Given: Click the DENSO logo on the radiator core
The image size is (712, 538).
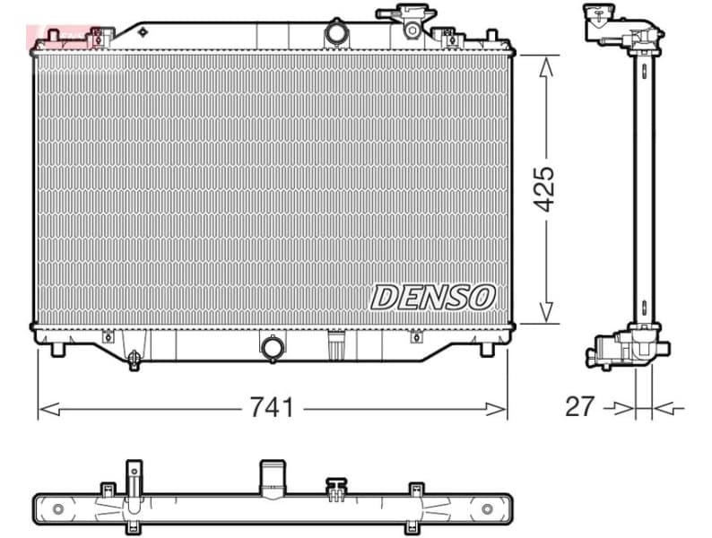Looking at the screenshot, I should coord(433,297).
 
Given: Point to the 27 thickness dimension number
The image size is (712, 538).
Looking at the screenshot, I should coord(580,406).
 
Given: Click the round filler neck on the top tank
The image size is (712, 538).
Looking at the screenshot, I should coord(336,32).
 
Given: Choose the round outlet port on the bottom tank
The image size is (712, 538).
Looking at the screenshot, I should coord(272,347).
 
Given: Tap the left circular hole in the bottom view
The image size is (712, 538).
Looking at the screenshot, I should coord(58,509).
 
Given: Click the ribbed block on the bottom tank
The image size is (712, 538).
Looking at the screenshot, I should coord(337,344).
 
